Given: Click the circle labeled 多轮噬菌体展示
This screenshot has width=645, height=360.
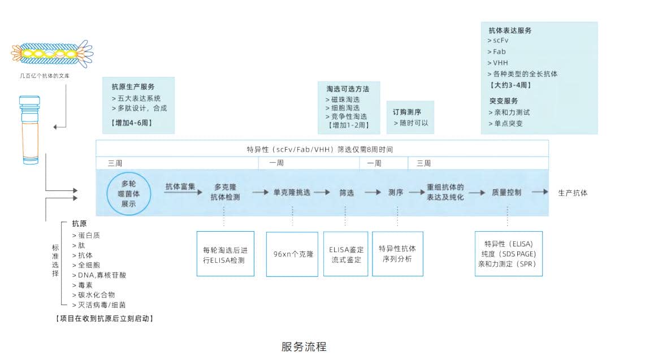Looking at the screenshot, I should pos(129,193).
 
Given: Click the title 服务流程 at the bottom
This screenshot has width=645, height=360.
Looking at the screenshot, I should pos(304,346).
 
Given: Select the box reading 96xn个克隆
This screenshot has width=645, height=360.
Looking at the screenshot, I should pos(292,254).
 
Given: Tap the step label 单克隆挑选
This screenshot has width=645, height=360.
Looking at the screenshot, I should pos(292,192).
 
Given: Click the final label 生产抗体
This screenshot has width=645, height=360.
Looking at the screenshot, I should pos(573,193).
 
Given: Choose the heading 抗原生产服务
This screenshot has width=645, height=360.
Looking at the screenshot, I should pos(133,87).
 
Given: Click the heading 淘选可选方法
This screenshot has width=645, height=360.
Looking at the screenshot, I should pos(348,89).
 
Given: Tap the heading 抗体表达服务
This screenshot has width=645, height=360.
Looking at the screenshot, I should pos(510,31).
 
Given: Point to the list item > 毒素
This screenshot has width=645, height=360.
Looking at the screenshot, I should pos(83,285).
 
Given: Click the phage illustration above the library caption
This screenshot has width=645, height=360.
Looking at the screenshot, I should pos(52,54).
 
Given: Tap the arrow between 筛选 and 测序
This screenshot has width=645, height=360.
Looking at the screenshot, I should pos(373,192).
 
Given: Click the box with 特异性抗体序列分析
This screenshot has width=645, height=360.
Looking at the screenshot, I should pos(397,254).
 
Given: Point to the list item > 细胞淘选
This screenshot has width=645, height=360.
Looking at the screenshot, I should pos(345,107).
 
